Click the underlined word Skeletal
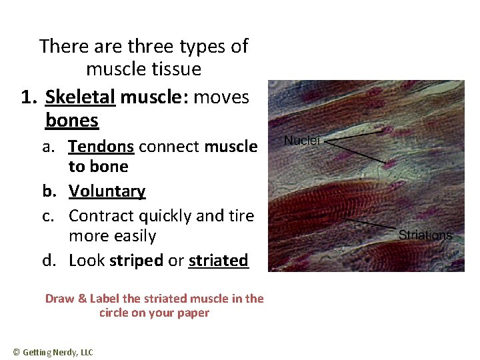pyautogui.click(x=80, y=97)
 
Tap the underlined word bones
pyautogui.click(x=72, y=121)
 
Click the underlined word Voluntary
pyautogui.click(x=107, y=191)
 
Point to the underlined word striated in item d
pyautogui.click(x=218, y=260)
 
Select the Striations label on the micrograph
pyautogui.click(x=425, y=235)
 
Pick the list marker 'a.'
pyautogui.click(x=50, y=146)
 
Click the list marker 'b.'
pyautogui.click(x=50, y=191)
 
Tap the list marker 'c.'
pyautogui.click(x=50, y=216)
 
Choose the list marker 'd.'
pyautogui.click(x=50, y=260)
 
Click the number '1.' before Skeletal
pyautogui.click(x=29, y=97)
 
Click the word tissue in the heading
pyautogui.click(x=173, y=69)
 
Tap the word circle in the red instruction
pyautogui.click(x=115, y=313)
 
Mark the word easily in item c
pyautogui.click(x=132, y=236)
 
